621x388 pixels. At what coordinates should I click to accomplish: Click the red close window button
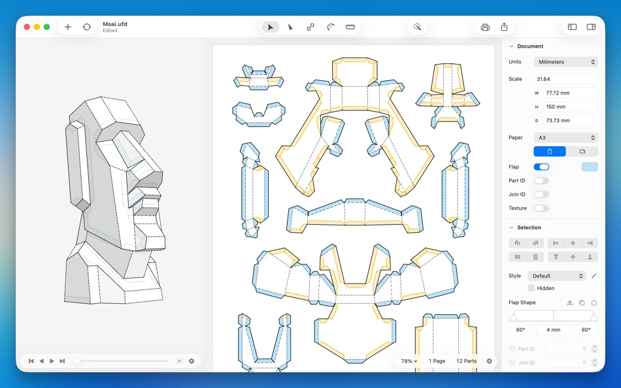pos(27,27)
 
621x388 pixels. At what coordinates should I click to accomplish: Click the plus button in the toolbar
pos(68,27)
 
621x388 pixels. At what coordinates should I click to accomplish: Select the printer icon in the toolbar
pos(485,27)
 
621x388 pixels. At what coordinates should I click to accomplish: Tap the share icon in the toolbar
pos(504,27)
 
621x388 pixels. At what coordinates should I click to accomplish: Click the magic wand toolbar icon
pos(417,27)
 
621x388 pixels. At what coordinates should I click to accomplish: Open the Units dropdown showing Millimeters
pos(565,62)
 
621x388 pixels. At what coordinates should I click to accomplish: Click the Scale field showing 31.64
pos(565,79)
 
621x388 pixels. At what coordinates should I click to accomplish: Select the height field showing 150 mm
pos(570,106)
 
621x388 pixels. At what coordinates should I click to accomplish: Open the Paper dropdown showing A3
pos(565,137)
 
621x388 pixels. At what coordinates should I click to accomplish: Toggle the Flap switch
pos(541,167)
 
